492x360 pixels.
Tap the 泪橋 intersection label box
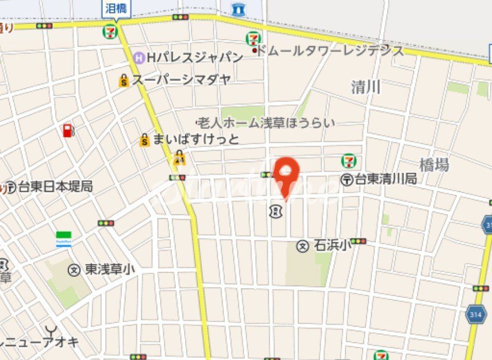point(115,8)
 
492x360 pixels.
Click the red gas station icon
point(68,131)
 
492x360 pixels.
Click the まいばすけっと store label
point(196,140)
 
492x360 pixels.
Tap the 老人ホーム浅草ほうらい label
point(266,123)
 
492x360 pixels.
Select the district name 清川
point(366,87)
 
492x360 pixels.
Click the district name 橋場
point(434,165)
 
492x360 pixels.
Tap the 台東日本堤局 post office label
point(55,187)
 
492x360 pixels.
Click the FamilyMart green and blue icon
point(64,239)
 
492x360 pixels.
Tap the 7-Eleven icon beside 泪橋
point(110,31)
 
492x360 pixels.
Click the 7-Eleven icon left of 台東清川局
point(349,160)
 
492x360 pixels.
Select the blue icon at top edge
point(238,9)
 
